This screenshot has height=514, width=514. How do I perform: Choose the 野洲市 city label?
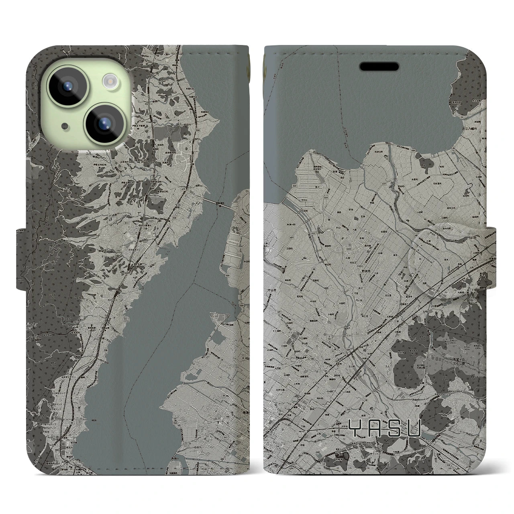pyautogui.click(x=365, y=272)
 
